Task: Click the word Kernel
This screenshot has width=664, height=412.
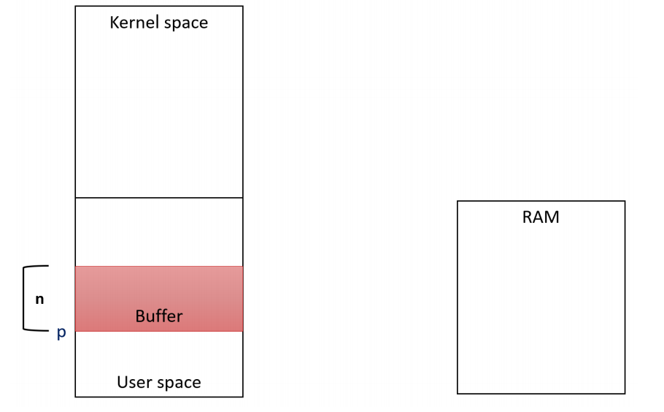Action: [135, 23]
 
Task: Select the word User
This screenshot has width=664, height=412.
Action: [131, 382]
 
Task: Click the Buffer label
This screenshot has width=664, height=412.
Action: [159, 316]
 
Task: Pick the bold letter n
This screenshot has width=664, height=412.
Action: [39, 300]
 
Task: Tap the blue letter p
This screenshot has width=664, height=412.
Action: [61, 333]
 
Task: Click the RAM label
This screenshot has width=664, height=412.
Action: [541, 217]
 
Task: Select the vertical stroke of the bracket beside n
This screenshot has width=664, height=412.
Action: [23, 298]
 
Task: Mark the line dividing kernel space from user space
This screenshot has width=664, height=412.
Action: [159, 197]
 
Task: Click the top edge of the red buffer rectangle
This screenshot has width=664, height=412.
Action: [159, 267]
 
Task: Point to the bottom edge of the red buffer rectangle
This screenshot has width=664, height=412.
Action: [159, 331]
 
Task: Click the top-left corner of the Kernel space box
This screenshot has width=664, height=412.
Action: [75, 6]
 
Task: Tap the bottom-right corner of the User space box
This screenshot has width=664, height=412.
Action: [243, 397]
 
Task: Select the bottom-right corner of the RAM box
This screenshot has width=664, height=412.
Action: [625, 394]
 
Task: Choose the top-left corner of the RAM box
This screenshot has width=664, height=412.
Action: [458, 201]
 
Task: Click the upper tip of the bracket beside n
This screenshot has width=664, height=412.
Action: [48, 266]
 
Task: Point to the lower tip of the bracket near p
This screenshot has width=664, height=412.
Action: [48, 330]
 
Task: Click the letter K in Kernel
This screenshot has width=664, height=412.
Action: [115, 23]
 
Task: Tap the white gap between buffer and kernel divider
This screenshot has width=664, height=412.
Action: [159, 232]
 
